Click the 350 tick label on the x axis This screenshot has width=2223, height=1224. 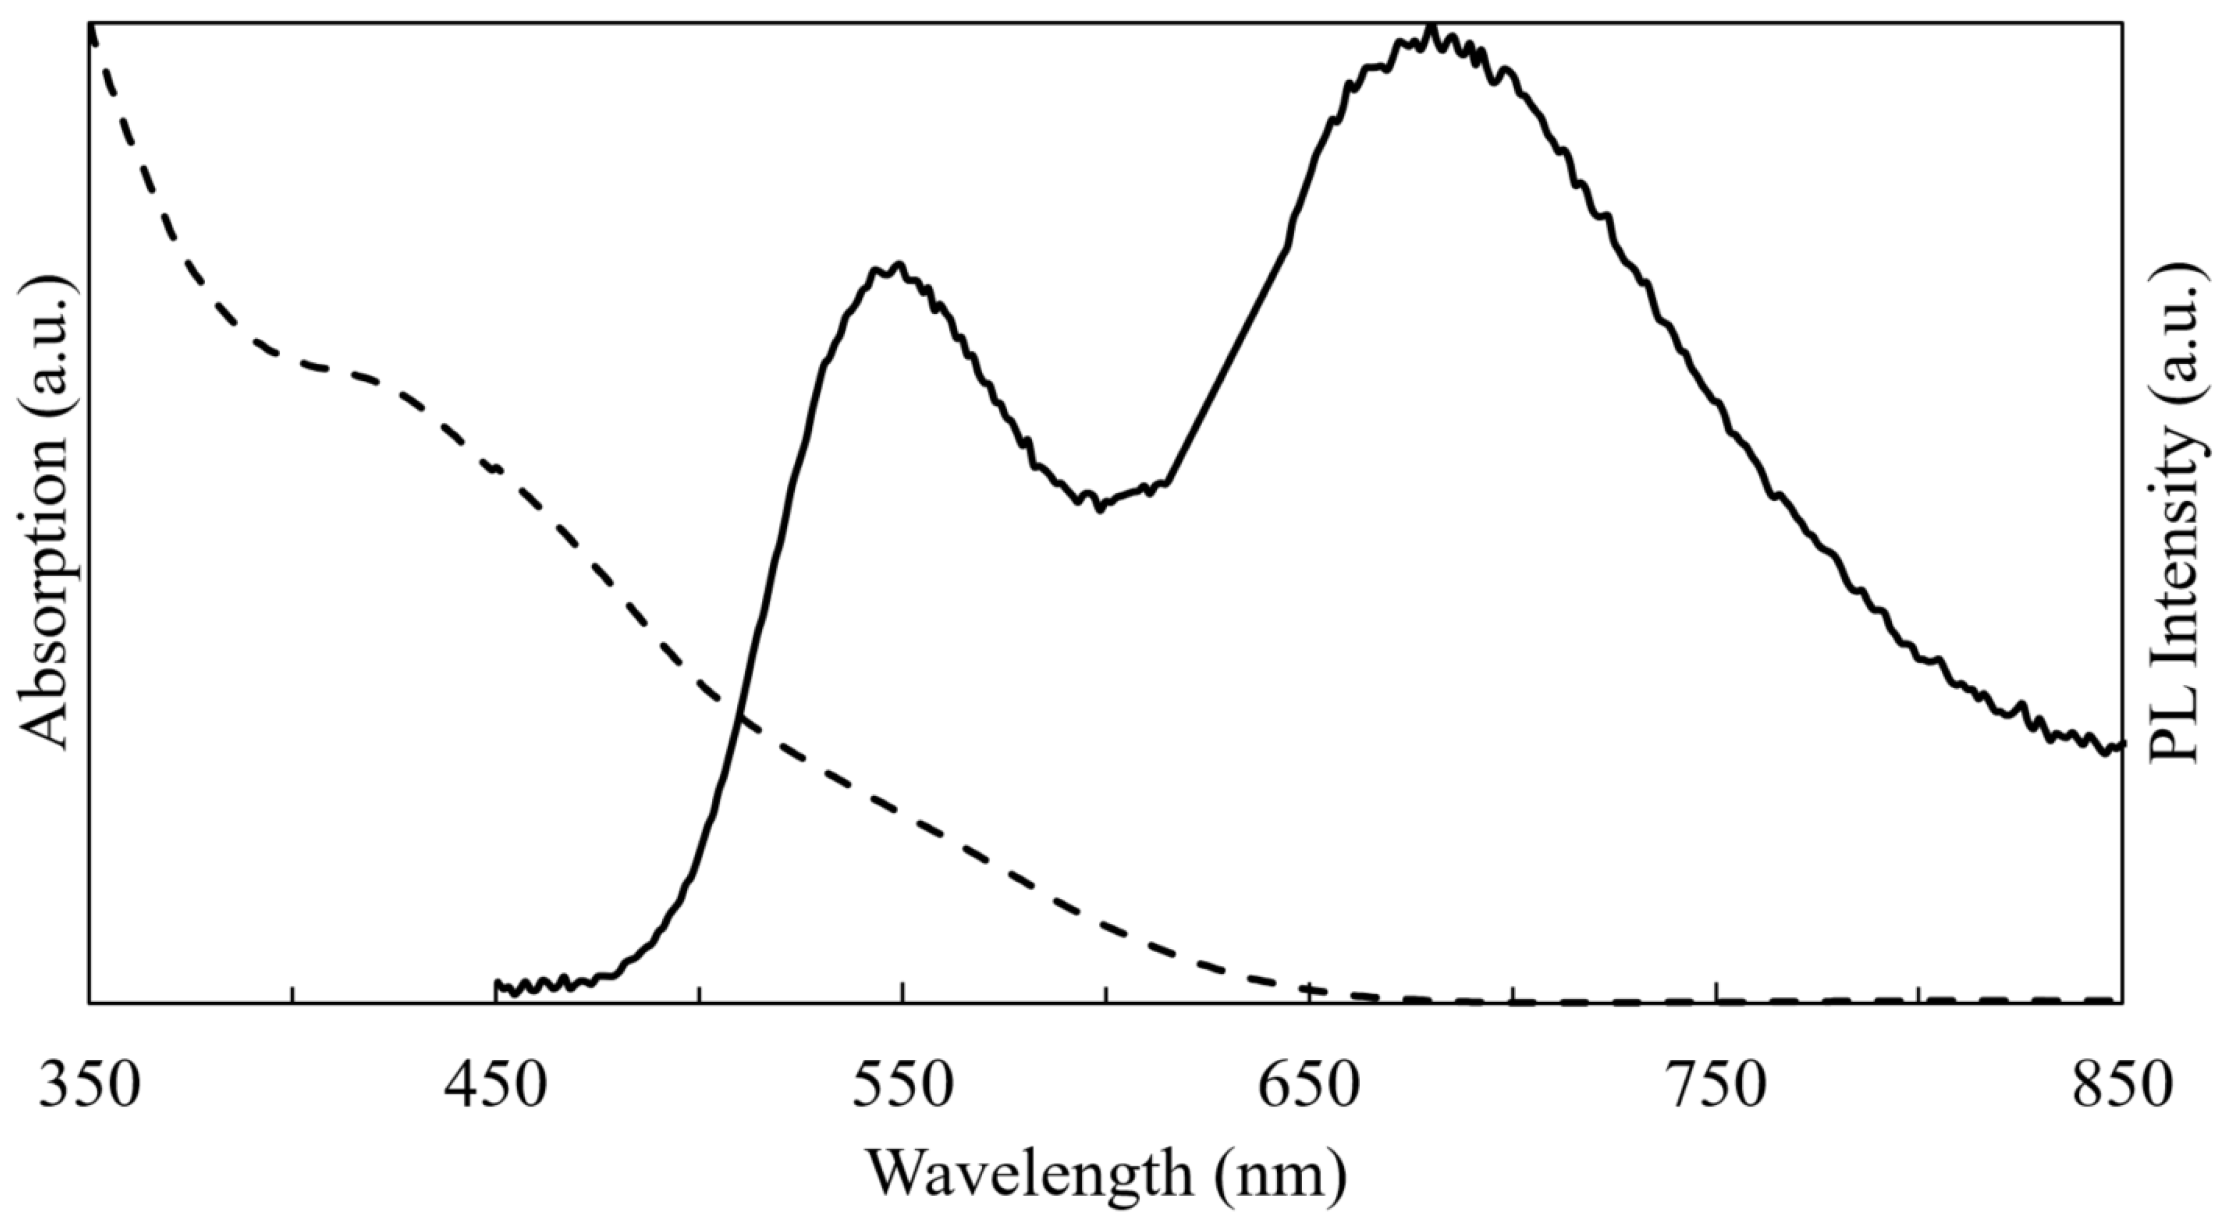89,1087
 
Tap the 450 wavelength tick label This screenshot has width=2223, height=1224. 496,1087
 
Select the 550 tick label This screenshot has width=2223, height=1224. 903,1087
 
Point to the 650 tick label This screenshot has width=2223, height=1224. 1309,1087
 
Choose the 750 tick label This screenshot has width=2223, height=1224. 1716,1087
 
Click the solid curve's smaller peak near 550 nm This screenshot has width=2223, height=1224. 899,266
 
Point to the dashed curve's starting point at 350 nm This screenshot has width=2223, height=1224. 91,30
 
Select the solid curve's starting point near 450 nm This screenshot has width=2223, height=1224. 497,984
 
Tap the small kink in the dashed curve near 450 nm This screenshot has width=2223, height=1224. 495,468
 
